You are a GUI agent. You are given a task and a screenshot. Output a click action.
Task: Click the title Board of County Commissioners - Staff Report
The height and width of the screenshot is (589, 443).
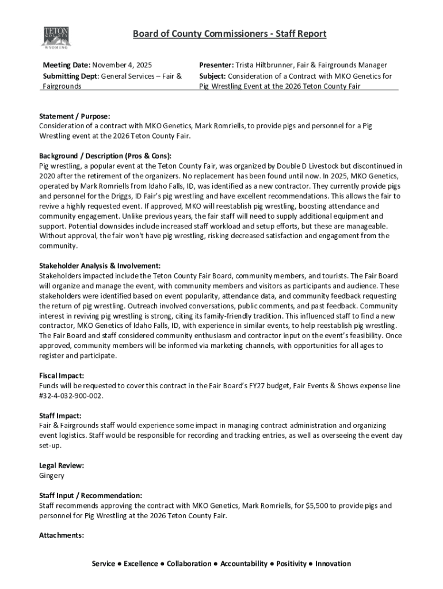[230, 34]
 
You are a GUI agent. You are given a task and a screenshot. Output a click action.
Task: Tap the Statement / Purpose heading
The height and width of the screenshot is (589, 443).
[74, 116]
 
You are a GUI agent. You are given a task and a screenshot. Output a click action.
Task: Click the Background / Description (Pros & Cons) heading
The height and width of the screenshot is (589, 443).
[105, 155]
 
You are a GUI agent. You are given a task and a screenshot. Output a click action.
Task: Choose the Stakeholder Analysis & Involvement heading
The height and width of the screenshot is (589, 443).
[100, 266]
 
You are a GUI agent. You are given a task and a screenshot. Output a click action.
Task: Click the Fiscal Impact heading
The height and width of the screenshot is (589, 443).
[62, 376]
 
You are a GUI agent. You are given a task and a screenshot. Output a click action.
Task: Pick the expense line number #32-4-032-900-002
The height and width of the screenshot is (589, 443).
[72, 396]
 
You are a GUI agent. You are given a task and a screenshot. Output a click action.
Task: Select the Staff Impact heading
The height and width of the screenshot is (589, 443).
[60, 415]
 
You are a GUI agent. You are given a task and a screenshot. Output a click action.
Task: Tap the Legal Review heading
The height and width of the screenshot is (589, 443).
[62, 465]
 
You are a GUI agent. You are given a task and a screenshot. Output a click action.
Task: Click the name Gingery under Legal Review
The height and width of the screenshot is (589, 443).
[52, 476]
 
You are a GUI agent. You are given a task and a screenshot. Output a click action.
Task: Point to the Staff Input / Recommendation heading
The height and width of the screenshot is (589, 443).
[90, 495]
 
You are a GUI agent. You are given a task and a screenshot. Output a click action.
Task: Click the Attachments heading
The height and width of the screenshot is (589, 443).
[62, 536]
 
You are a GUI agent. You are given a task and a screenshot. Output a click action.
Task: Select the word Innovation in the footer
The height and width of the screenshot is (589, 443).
[333, 564]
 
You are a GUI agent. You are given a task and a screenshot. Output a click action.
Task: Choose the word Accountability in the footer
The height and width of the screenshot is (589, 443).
[244, 564]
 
